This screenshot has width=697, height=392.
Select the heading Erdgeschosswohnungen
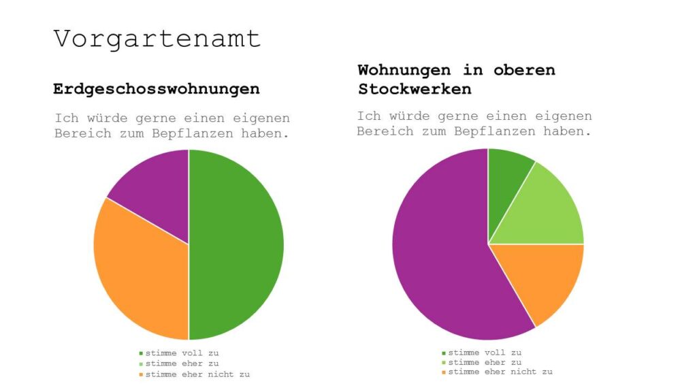click(x=156, y=89)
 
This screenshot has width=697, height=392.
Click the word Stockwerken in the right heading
click(x=415, y=89)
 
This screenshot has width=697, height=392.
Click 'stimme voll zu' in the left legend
click(x=182, y=353)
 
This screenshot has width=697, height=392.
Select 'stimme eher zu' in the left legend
click(x=182, y=364)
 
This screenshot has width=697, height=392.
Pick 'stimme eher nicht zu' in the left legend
click(x=197, y=375)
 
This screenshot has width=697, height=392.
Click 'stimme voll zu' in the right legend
click(x=485, y=353)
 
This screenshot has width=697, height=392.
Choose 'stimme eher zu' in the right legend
click(x=485, y=362)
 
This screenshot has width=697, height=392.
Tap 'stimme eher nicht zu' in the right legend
click(x=500, y=372)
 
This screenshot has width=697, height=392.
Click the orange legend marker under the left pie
click(x=141, y=375)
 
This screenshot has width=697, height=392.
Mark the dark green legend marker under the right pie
click(x=444, y=353)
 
